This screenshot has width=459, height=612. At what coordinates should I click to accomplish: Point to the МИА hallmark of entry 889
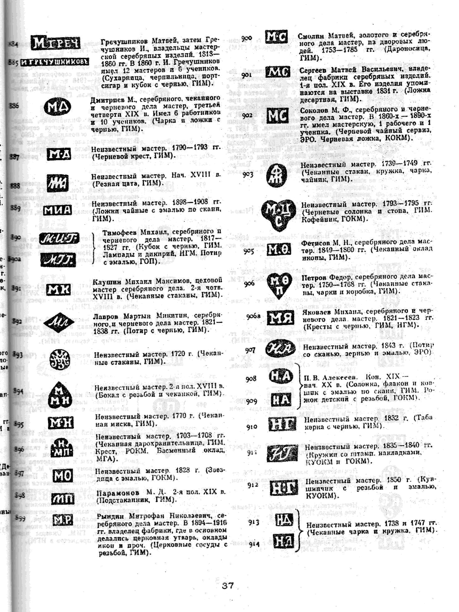pos(57,211)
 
